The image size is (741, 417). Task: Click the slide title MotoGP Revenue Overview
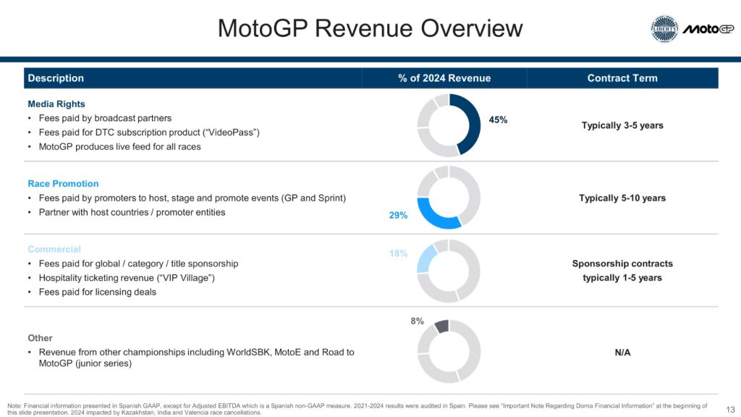tap(370, 28)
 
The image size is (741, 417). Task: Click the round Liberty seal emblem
tap(664, 29)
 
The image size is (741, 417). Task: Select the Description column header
tap(56, 78)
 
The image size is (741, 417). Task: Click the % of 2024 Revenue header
tap(444, 78)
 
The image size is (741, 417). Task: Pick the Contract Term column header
tap(622, 78)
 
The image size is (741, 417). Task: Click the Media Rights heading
tap(56, 104)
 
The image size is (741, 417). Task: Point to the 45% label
tap(498, 120)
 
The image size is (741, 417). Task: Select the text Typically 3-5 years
tap(622, 125)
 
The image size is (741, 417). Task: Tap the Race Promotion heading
tap(63, 184)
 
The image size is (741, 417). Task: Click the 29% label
tap(398, 215)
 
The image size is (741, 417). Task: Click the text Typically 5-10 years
tap(622, 198)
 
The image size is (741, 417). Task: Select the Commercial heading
tap(54, 249)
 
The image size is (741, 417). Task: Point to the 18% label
tap(398, 254)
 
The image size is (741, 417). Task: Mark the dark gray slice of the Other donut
tap(441, 327)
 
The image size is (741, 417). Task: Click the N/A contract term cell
tap(622, 353)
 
